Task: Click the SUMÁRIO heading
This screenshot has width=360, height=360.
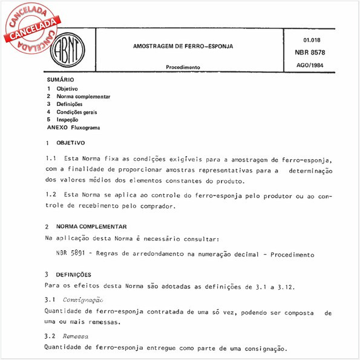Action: tap(61, 80)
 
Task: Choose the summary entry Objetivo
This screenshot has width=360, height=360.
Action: tap(67, 88)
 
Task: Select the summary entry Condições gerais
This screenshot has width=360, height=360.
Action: tap(77, 112)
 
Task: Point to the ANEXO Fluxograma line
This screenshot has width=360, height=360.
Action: tap(73, 128)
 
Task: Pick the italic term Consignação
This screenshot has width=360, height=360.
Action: tap(83, 299)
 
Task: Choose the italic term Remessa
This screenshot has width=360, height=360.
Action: tap(77, 335)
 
